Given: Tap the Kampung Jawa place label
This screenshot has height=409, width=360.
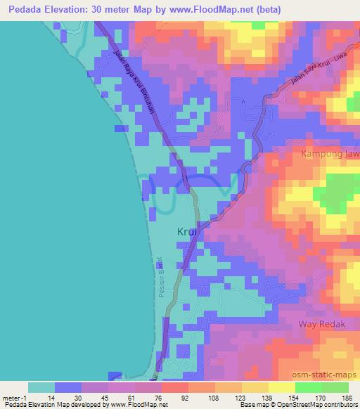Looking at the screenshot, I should click(330, 153).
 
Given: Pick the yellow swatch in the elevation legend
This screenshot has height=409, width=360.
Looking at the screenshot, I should click(281, 388).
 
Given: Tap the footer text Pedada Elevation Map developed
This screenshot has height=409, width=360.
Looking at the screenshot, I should click(52, 405).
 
